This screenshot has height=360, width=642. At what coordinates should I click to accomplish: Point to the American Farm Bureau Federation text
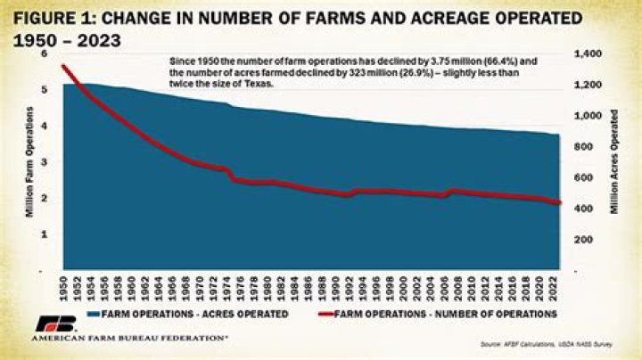(x=129, y=340)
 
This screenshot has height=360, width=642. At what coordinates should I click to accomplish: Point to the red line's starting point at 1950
(x=64, y=66)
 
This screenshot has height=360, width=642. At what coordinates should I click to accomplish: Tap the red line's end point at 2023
(x=560, y=203)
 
